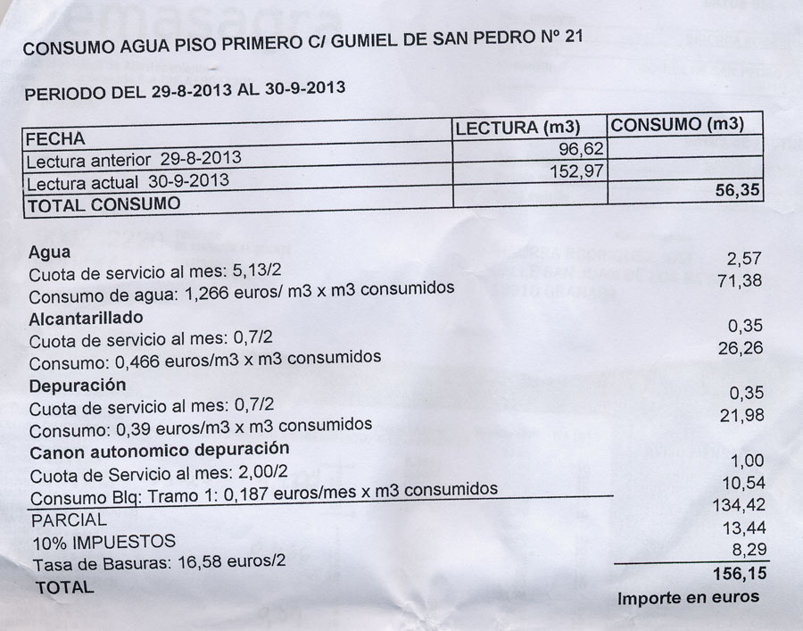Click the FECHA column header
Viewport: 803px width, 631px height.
click(x=55, y=139)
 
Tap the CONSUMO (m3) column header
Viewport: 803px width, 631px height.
click(x=677, y=125)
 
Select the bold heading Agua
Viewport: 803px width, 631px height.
click(x=49, y=253)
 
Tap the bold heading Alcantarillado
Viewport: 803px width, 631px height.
click(x=86, y=318)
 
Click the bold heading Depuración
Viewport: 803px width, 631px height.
click(x=78, y=386)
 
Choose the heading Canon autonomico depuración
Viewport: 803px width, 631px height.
click(x=159, y=449)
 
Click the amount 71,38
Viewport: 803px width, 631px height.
click(x=740, y=282)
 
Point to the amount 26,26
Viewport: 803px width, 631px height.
click(x=740, y=348)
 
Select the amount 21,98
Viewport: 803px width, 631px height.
click(x=740, y=416)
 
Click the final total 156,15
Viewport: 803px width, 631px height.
click(x=735, y=573)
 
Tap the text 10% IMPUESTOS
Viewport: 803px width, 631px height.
click(x=103, y=542)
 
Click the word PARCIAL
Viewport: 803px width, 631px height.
click(x=69, y=519)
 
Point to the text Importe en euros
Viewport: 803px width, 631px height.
click(x=688, y=598)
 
